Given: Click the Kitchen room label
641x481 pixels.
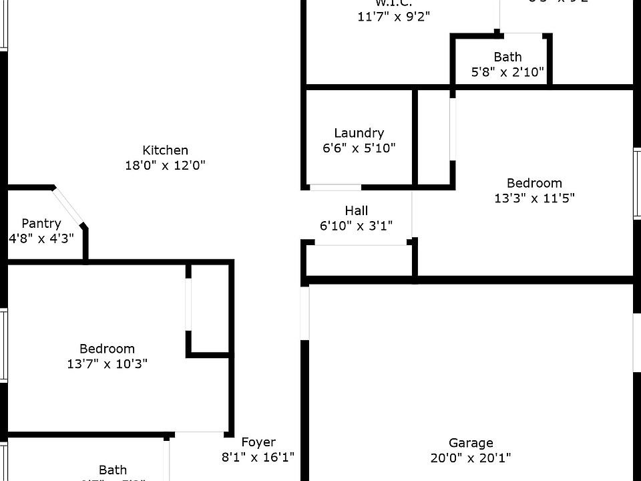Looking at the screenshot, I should (x=165, y=150).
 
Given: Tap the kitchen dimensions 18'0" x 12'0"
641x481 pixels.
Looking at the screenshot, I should (x=165, y=165).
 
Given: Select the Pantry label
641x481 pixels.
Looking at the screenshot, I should (x=41, y=223).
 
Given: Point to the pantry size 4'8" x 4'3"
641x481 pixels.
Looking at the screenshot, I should (x=41, y=238).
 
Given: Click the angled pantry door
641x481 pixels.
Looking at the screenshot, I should (x=69, y=206).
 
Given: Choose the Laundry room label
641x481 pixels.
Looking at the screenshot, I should (x=359, y=133).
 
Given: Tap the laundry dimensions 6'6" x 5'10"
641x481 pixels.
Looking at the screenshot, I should (x=359, y=148).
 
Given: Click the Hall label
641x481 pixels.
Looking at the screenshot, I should (x=357, y=210).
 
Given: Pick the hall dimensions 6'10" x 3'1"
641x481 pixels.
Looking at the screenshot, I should (x=357, y=226).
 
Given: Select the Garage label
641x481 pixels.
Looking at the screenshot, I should (x=471, y=442).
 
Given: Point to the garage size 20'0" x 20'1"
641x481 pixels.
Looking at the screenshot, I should (x=471, y=458).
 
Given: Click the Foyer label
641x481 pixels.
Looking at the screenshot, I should (x=258, y=442).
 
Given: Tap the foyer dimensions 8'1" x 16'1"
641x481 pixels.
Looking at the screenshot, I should (x=258, y=457).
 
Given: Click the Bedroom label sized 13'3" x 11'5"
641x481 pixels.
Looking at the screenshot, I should (x=534, y=182).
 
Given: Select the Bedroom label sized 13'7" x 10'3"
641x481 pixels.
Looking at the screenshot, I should (x=108, y=348).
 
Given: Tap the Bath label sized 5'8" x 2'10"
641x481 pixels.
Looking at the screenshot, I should (x=508, y=57).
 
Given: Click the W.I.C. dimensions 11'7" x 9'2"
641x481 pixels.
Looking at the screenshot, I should (x=394, y=17).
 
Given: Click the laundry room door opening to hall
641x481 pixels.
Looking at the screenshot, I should (x=336, y=188).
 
